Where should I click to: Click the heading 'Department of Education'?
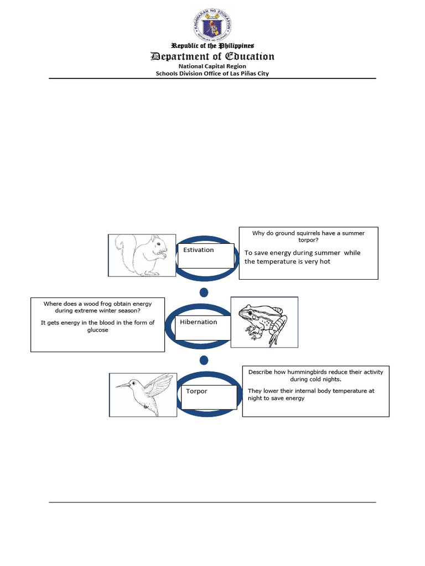click(x=212, y=56)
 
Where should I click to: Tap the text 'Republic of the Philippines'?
click(x=212, y=45)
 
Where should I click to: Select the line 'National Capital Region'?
click(x=212, y=66)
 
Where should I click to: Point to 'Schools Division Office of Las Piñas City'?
click(x=212, y=74)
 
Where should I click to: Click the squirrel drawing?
click(x=143, y=255)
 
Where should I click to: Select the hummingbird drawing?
click(x=144, y=393)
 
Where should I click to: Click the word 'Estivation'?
click(x=199, y=250)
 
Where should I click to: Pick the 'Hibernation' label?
click(x=199, y=322)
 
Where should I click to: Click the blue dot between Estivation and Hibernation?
click(x=204, y=292)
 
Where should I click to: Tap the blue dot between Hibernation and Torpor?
click(x=204, y=360)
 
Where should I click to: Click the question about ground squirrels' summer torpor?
click(x=308, y=237)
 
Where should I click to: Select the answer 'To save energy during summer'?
click(x=302, y=253)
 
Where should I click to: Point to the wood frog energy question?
click(x=97, y=307)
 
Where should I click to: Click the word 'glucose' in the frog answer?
click(x=97, y=330)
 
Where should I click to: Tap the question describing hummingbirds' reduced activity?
click(x=315, y=376)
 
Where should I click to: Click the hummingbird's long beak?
click(x=122, y=385)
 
